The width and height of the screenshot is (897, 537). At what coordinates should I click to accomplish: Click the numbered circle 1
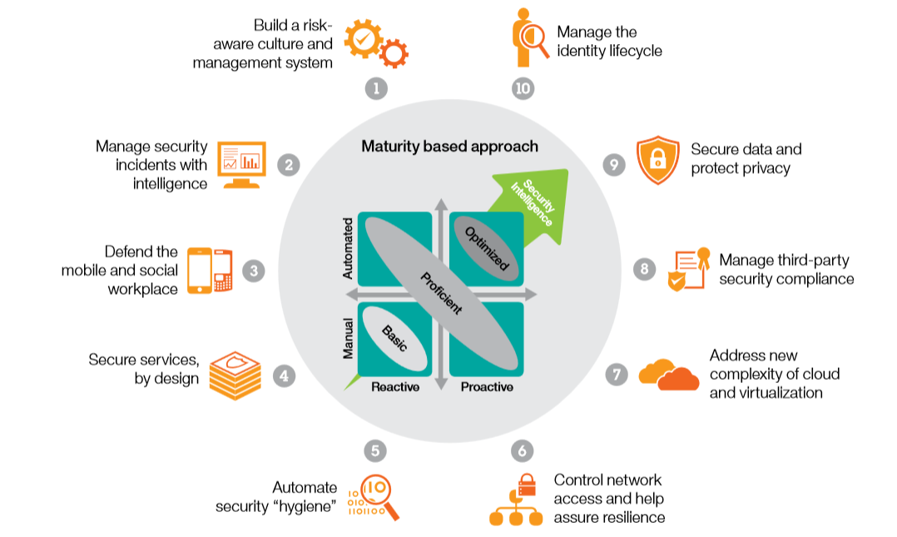click(376, 88)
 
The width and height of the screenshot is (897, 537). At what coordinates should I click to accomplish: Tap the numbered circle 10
click(523, 88)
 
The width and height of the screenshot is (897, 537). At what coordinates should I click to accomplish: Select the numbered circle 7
click(616, 375)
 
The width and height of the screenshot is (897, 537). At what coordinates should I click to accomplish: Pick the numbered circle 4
click(284, 375)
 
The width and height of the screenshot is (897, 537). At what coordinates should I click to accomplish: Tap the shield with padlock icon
click(657, 160)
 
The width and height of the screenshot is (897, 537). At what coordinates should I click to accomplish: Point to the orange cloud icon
click(669, 375)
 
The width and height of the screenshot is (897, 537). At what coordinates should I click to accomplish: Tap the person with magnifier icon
click(528, 40)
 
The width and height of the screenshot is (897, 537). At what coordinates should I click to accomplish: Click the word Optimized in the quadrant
click(486, 248)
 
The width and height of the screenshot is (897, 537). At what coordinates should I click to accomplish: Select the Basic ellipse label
click(394, 337)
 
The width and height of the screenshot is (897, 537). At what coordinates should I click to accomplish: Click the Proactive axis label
click(487, 387)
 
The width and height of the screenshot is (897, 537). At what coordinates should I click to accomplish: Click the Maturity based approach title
click(449, 147)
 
